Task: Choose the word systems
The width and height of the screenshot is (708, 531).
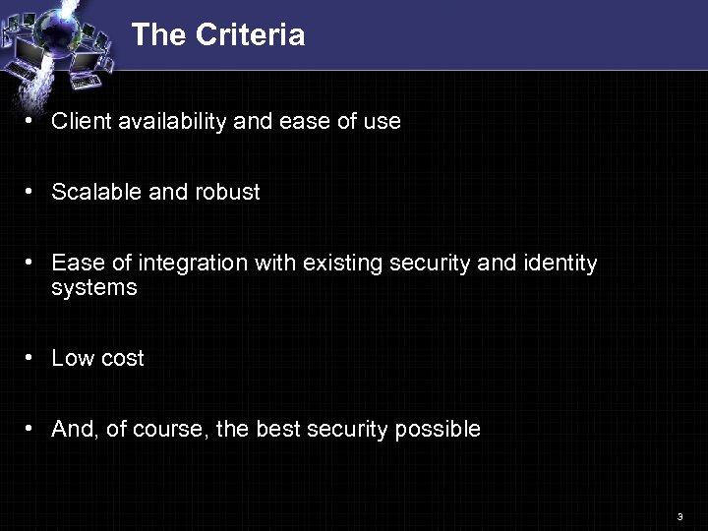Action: point(94,288)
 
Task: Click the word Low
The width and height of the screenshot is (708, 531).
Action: point(72,359)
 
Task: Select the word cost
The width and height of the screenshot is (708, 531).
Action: point(121,359)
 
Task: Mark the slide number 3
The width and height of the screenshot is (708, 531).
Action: point(679,516)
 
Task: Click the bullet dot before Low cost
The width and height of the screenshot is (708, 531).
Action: point(31,358)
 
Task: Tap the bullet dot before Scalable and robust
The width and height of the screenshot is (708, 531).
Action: point(31,192)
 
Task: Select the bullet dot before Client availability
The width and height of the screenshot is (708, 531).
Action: point(31,121)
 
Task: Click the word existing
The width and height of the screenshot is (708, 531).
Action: point(340,264)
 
